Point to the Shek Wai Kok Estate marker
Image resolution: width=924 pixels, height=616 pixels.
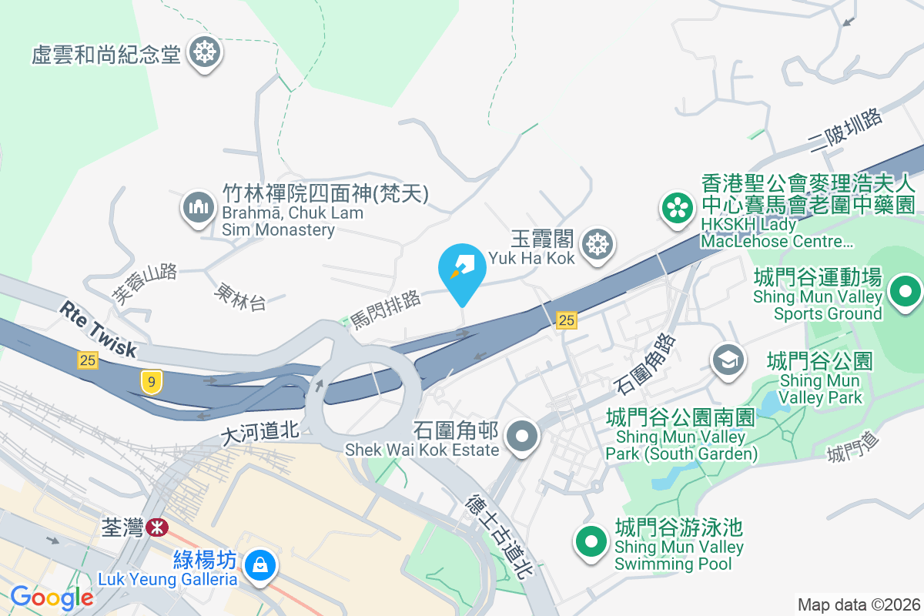click(524, 437)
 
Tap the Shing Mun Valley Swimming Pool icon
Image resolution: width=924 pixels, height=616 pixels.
click(591, 541)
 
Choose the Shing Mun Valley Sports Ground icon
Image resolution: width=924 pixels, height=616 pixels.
click(906, 291)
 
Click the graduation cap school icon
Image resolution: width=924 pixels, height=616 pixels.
click(728, 359)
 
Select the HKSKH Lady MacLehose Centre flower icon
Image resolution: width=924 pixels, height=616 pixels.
click(677, 208)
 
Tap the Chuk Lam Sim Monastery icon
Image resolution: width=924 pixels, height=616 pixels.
click(199, 206)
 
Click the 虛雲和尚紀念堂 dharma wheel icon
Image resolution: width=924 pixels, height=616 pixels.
click(205, 53)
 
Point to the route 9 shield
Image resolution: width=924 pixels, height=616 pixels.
click(151, 381)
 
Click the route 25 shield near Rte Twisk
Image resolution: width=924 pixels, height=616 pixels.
click(88, 360)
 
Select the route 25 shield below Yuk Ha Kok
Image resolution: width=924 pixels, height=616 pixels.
click(567, 320)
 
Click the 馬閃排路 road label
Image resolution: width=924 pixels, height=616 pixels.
click(387, 310)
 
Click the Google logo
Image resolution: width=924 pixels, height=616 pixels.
click(52, 598)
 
